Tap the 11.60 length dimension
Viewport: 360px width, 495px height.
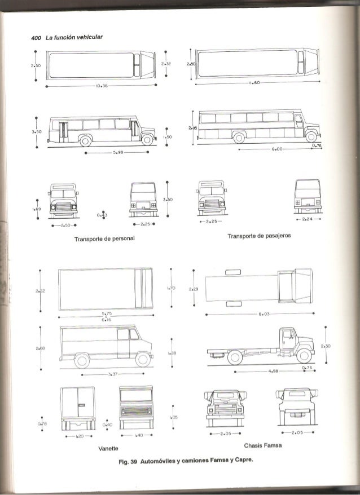pyautogui.click(x=252, y=82)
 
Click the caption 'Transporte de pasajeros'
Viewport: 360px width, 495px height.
pyautogui.click(x=259, y=236)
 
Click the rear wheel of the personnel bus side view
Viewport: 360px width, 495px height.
pyautogui.click(x=86, y=140)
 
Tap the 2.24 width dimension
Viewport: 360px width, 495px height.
pyautogui.click(x=307, y=219)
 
